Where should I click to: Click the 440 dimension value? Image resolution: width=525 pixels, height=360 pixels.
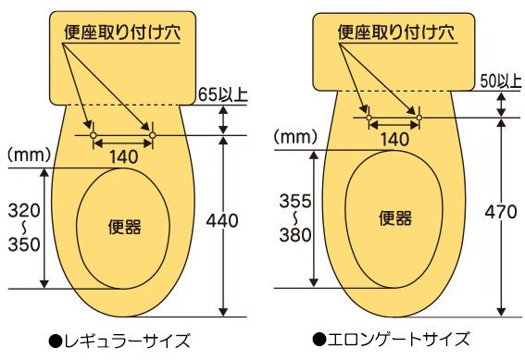(x=222, y=221)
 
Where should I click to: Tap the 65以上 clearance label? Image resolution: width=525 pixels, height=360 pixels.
(x=223, y=94)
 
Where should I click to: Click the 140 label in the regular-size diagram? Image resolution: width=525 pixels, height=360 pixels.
(x=122, y=156)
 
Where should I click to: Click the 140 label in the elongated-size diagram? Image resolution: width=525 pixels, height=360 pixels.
(x=394, y=139)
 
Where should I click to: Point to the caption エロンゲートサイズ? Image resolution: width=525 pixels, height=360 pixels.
(x=393, y=339)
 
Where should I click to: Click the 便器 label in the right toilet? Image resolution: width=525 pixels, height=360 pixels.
(x=395, y=217)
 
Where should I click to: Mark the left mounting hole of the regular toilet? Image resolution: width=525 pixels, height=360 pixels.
(x=92, y=136)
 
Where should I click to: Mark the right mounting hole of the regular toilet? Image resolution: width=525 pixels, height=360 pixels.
(x=153, y=136)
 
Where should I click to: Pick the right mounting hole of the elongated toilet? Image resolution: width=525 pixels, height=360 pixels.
(x=419, y=118)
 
